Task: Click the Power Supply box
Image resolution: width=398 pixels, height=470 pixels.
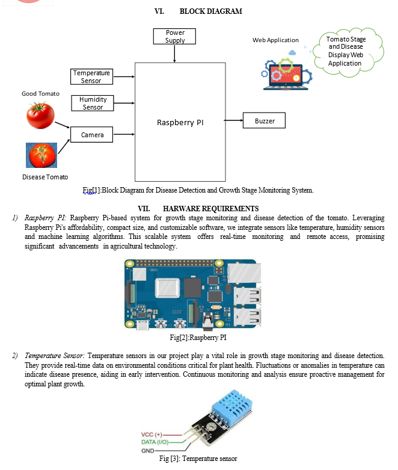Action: pos(175,37)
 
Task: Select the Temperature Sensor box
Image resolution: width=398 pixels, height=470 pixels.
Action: pos(91,76)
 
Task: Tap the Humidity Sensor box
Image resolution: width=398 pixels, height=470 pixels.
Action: pos(93,103)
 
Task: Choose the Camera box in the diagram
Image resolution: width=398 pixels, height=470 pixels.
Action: pos(93,135)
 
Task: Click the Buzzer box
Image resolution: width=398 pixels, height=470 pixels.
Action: pos(265,121)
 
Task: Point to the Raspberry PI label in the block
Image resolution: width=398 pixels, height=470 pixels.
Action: pos(180,122)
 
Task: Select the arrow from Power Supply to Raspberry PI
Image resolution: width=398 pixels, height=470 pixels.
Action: pos(175,54)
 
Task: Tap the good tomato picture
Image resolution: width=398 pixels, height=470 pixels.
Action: pos(40,115)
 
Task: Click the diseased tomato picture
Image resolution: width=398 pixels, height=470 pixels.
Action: pos(41,155)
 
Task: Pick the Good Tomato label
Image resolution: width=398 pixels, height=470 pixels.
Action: pos(40,94)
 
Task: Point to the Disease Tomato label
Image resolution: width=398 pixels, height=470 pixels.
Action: pos(45,177)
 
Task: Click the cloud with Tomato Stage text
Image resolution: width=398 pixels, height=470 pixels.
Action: pos(346,51)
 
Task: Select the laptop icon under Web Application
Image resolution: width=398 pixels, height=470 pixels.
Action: pos(286,72)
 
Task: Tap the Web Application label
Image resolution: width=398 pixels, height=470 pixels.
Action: pos(275,40)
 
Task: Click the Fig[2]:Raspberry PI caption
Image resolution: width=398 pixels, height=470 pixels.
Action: pos(198,338)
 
